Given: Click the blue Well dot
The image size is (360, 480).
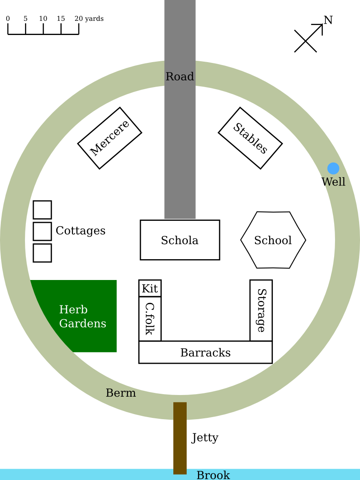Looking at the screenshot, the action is (x=333, y=168).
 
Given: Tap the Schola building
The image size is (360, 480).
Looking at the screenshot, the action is (x=180, y=240).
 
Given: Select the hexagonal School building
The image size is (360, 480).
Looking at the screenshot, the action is (x=273, y=240).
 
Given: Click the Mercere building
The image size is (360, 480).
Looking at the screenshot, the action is (x=110, y=138).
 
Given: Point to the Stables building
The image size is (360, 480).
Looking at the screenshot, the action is (x=250, y=138).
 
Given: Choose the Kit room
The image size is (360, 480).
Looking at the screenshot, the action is (x=150, y=288).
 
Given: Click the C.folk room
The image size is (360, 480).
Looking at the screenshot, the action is (x=150, y=319).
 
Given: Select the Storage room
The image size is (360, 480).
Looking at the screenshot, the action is (x=261, y=310).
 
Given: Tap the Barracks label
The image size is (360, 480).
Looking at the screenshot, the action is (x=205, y=352).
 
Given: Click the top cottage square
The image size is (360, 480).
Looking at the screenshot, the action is (x=42, y=210).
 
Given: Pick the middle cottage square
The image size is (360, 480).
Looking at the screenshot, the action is (x=42, y=231).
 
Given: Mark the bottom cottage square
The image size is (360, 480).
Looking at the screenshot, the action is (x=42, y=253).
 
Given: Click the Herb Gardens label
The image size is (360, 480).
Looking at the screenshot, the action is (x=82, y=317).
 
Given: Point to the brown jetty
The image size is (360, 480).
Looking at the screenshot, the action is (x=180, y=438).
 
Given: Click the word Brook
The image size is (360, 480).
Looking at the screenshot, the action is (x=213, y=475).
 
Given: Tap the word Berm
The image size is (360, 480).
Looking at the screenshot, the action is (x=120, y=393).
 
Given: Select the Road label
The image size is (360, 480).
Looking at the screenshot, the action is (x=180, y=77).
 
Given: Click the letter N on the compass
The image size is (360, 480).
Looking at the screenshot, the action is (x=328, y=20).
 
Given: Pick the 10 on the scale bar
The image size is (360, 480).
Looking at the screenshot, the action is (x=43, y=19).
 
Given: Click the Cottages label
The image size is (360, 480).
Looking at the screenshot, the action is (x=80, y=230).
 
